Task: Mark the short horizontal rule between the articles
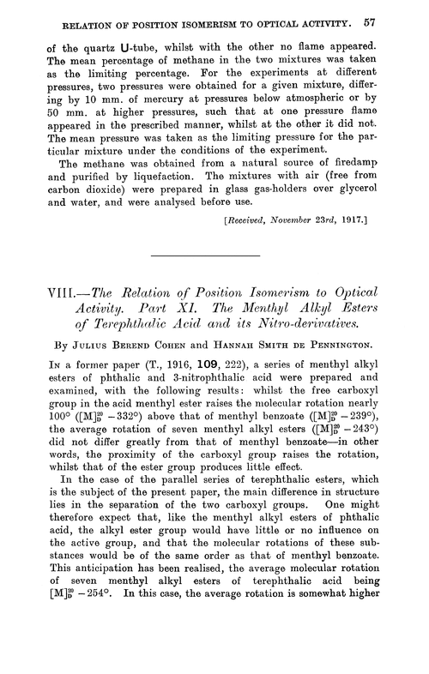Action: (x=214, y=282)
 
